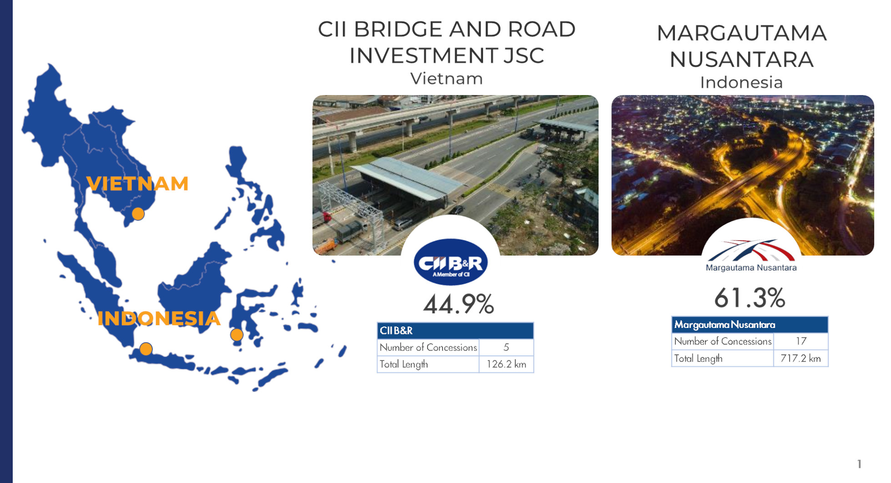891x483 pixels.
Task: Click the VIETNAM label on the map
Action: pyautogui.click(x=137, y=184)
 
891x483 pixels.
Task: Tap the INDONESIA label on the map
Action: pyautogui.click(x=159, y=318)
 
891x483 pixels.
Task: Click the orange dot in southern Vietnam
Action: pyautogui.click(x=138, y=214)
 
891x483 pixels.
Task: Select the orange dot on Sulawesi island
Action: pyautogui.click(x=237, y=335)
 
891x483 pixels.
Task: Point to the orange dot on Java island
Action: pyautogui.click(x=146, y=349)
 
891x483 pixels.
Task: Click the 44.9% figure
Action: pyautogui.click(x=458, y=304)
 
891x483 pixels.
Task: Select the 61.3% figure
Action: pyautogui.click(x=750, y=298)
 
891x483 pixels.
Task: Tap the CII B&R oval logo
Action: pyautogui.click(x=450, y=262)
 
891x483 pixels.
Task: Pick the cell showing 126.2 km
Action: pyautogui.click(x=506, y=364)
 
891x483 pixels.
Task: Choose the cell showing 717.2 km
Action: pyautogui.click(x=800, y=358)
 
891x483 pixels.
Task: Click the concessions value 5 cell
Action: pyautogui.click(x=506, y=347)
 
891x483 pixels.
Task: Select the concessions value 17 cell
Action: pyautogui.click(x=801, y=341)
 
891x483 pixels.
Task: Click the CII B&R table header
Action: pyautogui.click(x=455, y=331)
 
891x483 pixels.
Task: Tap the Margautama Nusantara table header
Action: pyautogui.click(x=750, y=325)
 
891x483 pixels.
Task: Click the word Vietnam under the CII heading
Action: pyautogui.click(x=446, y=79)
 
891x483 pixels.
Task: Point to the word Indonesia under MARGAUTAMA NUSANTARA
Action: pyautogui.click(x=741, y=82)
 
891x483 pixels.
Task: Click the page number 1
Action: pyautogui.click(x=859, y=464)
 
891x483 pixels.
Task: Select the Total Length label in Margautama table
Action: pyautogui.click(x=698, y=359)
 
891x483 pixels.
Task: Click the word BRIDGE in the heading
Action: pyautogui.click(x=398, y=29)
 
